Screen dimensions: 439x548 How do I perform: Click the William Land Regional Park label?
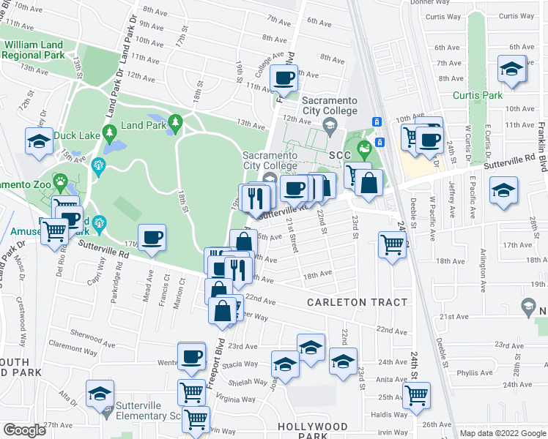[x=36, y=50]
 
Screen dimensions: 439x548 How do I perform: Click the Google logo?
[x=24, y=430]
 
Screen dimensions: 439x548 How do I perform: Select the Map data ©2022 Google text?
[x=503, y=433]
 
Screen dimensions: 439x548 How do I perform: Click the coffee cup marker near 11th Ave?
[x=284, y=77]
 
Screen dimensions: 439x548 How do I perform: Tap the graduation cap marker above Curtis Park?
[x=512, y=70]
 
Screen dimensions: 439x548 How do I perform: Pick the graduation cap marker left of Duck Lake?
[x=40, y=141]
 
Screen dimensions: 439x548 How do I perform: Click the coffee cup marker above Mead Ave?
[x=152, y=238]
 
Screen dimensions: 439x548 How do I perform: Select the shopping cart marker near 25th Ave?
[x=416, y=394]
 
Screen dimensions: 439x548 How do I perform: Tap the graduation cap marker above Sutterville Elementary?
[x=100, y=394]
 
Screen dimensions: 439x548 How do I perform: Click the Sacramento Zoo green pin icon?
[x=61, y=180]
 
